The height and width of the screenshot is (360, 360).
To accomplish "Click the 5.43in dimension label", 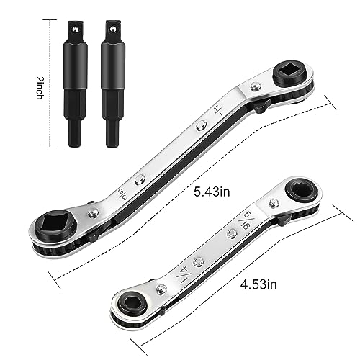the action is pyautogui.click(x=212, y=192).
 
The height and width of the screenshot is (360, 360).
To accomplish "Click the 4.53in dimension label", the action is pyautogui.click(x=258, y=284).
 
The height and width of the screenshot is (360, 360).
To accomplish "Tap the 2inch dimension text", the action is pyautogui.click(x=40, y=88).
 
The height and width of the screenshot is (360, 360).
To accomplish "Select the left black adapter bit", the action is pyautogui.click(x=75, y=84).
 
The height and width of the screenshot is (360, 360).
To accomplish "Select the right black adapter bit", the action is pyautogui.click(x=113, y=84).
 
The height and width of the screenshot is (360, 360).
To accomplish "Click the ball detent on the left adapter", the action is pyautogui.click(x=75, y=30).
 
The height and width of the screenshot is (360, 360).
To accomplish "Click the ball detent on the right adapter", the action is pyautogui.click(x=112, y=30).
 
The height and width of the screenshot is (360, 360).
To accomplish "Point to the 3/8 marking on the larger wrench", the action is pyautogui.click(x=122, y=194).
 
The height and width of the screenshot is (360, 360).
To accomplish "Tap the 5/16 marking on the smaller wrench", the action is pyautogui.click(x=242, y=222).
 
